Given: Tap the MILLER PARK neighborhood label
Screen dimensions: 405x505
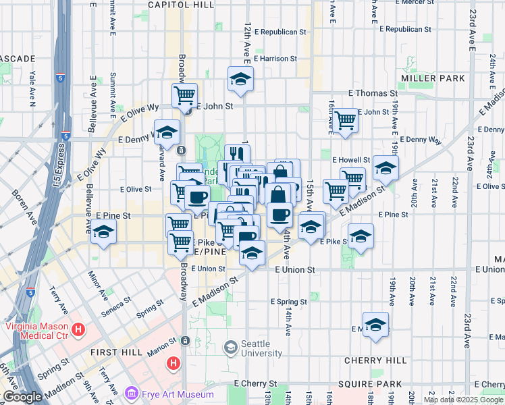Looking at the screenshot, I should [x=433, y=78].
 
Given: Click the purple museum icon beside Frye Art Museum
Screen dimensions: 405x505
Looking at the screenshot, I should [x=132, y=394].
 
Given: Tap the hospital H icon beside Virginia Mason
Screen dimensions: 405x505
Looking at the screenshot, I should [x=79, y=330].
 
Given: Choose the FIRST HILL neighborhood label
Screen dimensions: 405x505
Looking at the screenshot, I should [x=117, y=352].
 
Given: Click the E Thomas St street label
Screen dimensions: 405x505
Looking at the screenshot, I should [x=373, y=93].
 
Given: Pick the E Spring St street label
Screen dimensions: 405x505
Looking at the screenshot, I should [x=289, y=302].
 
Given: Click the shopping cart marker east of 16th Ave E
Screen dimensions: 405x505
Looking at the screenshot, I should [x=346, y=121].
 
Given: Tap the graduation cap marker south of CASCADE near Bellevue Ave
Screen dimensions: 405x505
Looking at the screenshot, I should [x=103, y=232].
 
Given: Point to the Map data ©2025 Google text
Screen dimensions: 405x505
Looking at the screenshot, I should [x=462, y=400].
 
